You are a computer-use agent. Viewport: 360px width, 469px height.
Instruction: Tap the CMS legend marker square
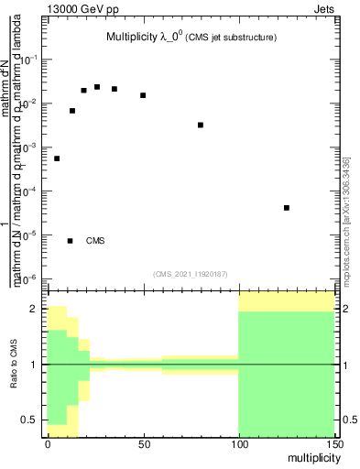[71, 241]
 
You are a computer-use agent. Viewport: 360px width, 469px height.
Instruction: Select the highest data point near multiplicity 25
[96, 87]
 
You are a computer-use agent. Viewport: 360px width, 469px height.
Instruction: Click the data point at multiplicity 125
[287, 208]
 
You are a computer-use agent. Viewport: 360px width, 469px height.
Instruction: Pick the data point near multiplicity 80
[201, 125]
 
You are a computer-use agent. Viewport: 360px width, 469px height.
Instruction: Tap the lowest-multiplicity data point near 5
[57, 158]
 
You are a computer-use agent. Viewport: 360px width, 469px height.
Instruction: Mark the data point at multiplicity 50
[143, 95]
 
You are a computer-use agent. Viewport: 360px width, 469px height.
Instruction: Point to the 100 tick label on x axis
[238, 443]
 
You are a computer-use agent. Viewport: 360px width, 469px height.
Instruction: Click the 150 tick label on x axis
[333, 443]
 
